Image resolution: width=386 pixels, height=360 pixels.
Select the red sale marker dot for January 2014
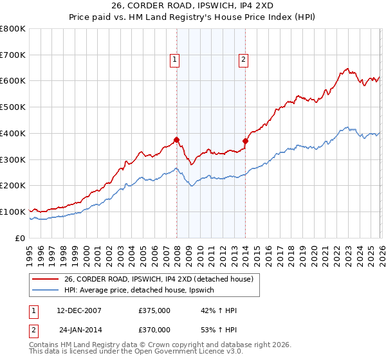[245, 141]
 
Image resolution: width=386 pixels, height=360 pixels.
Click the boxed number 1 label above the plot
[174, 60]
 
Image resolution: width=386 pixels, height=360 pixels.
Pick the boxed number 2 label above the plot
[243, 60]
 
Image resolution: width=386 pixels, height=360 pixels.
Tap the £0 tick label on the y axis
[21, 238]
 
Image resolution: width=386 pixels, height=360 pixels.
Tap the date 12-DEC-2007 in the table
[79, 310]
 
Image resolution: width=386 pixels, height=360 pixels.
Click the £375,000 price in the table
[154, 310]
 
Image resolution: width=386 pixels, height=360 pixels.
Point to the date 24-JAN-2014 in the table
[79, 329]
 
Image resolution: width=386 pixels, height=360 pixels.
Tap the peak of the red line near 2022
[347, 68]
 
